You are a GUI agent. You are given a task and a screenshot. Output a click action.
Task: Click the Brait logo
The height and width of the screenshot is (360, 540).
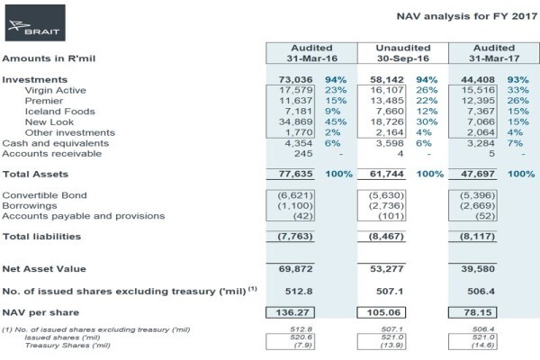point(35,22)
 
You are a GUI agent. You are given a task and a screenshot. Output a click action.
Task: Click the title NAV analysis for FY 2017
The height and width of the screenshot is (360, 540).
point(466,16)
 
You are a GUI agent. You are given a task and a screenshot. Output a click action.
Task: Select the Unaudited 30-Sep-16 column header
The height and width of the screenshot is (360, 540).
point(403,53)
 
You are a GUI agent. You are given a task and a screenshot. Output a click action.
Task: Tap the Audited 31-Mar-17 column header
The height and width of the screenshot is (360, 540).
point(494,53)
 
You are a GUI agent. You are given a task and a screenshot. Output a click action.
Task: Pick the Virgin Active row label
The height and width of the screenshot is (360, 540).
point(56,90)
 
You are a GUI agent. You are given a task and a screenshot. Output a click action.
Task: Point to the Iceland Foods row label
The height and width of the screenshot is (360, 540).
point(60,112)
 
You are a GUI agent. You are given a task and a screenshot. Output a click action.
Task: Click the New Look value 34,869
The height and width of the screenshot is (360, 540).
point(295,122)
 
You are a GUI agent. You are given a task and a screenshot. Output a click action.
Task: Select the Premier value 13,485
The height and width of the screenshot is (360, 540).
point(387,101)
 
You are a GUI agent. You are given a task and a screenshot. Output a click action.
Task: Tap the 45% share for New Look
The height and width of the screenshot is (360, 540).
point(336,122)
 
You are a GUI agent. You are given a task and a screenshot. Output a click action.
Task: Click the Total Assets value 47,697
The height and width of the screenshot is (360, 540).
point(478,174)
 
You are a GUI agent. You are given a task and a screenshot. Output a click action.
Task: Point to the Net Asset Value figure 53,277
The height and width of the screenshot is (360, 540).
point(387,269)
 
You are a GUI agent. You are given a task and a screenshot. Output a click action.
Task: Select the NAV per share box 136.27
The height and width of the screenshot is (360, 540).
point(290,312)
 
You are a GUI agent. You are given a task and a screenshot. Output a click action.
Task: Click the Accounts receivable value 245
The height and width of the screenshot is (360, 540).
point(303,154)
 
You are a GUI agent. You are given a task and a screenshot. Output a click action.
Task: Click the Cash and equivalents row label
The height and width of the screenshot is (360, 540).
point(56,143)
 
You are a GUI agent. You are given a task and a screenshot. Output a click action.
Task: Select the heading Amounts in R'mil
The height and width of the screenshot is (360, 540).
point(49,58)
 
